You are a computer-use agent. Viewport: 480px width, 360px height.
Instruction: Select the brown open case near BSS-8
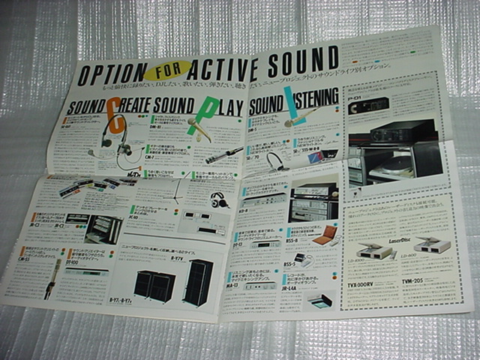323,239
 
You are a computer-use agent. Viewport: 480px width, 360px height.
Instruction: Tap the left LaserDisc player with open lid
372,250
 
